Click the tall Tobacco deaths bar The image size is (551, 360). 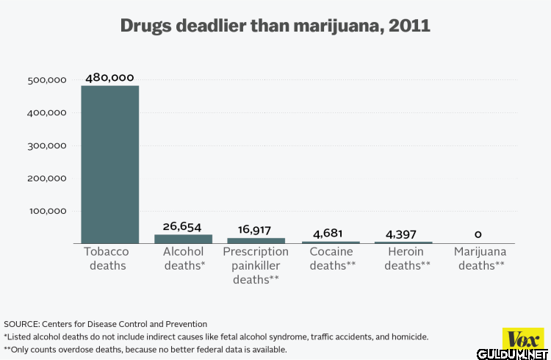[x=109, y=164]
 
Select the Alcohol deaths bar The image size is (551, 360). [x=183, y=239]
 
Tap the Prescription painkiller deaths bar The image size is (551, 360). [x=255, y=240]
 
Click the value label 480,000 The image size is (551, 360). [x=109, y=77]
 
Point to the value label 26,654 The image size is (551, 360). [x=182, y=226]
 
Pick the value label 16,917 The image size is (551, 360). [x=255, y=230]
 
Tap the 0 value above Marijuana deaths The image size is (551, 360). [x=478, y=234]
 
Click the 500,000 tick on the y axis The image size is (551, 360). [x=46, y=80]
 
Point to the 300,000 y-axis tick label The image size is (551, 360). [x=46, y=145]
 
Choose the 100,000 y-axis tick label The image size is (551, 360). [x=46, y=211]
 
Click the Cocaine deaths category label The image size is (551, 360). [x=332, y=259]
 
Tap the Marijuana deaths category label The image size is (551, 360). [x=480, y=259]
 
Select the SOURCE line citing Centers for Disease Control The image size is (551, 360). [x=106, y=324]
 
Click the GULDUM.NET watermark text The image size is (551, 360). [x=521, y=352]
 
